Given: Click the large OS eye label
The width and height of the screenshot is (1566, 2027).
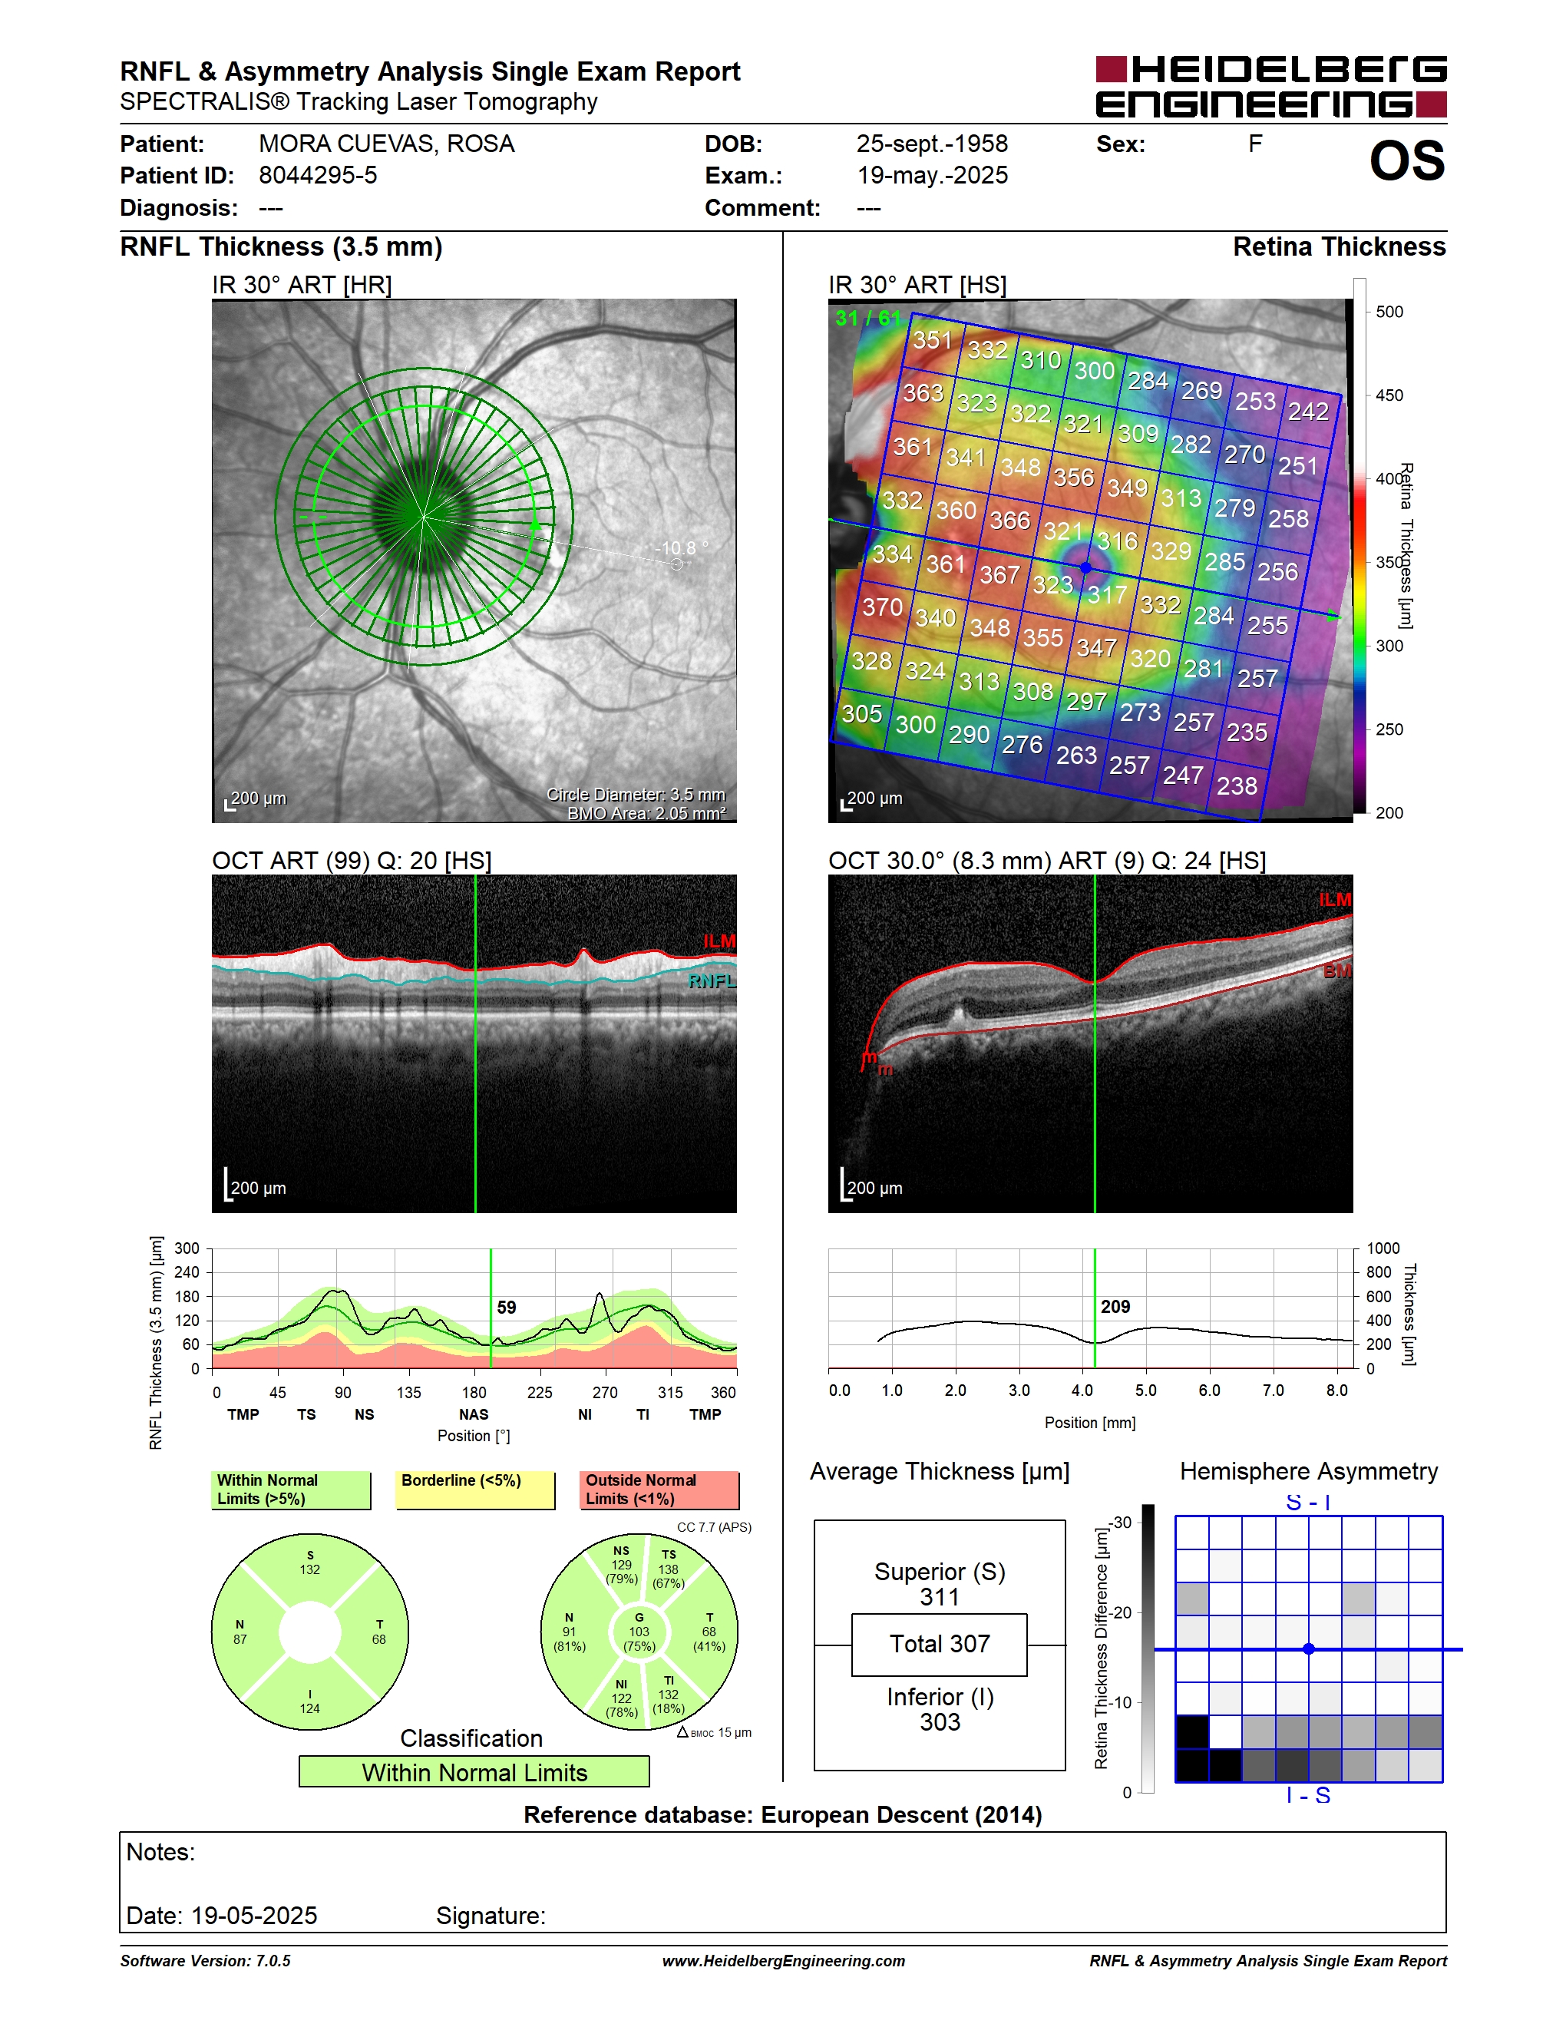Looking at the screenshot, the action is (1406, 161).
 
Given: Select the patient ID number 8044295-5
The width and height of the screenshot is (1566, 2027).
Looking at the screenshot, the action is (317, 175).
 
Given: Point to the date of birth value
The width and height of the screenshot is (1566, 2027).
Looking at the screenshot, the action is (931, 144).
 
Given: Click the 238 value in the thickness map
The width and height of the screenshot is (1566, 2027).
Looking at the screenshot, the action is (1237, 786).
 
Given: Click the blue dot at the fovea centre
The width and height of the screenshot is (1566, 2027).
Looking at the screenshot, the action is (1086, 567).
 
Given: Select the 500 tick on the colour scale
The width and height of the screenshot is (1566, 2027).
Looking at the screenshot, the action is (1389, 312).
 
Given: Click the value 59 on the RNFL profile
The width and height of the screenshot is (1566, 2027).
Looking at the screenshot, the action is (507, 1307).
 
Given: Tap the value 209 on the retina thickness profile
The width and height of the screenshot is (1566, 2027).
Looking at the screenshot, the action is (1115, 1307).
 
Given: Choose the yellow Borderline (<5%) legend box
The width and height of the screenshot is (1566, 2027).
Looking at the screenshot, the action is (475, 1490).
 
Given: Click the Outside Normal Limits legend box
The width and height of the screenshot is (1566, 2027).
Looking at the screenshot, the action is (659, 1490).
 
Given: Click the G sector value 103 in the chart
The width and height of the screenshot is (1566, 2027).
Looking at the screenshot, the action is (639, 1632).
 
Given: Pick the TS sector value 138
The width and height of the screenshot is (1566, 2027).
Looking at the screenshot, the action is (668, 1569).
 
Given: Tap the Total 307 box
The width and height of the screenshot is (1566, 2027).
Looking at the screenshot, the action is (939, 1645).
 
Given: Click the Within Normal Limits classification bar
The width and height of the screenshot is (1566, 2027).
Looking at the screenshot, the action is (474, 1772).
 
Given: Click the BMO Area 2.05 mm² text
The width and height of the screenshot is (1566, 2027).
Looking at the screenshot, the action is (646, 814).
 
